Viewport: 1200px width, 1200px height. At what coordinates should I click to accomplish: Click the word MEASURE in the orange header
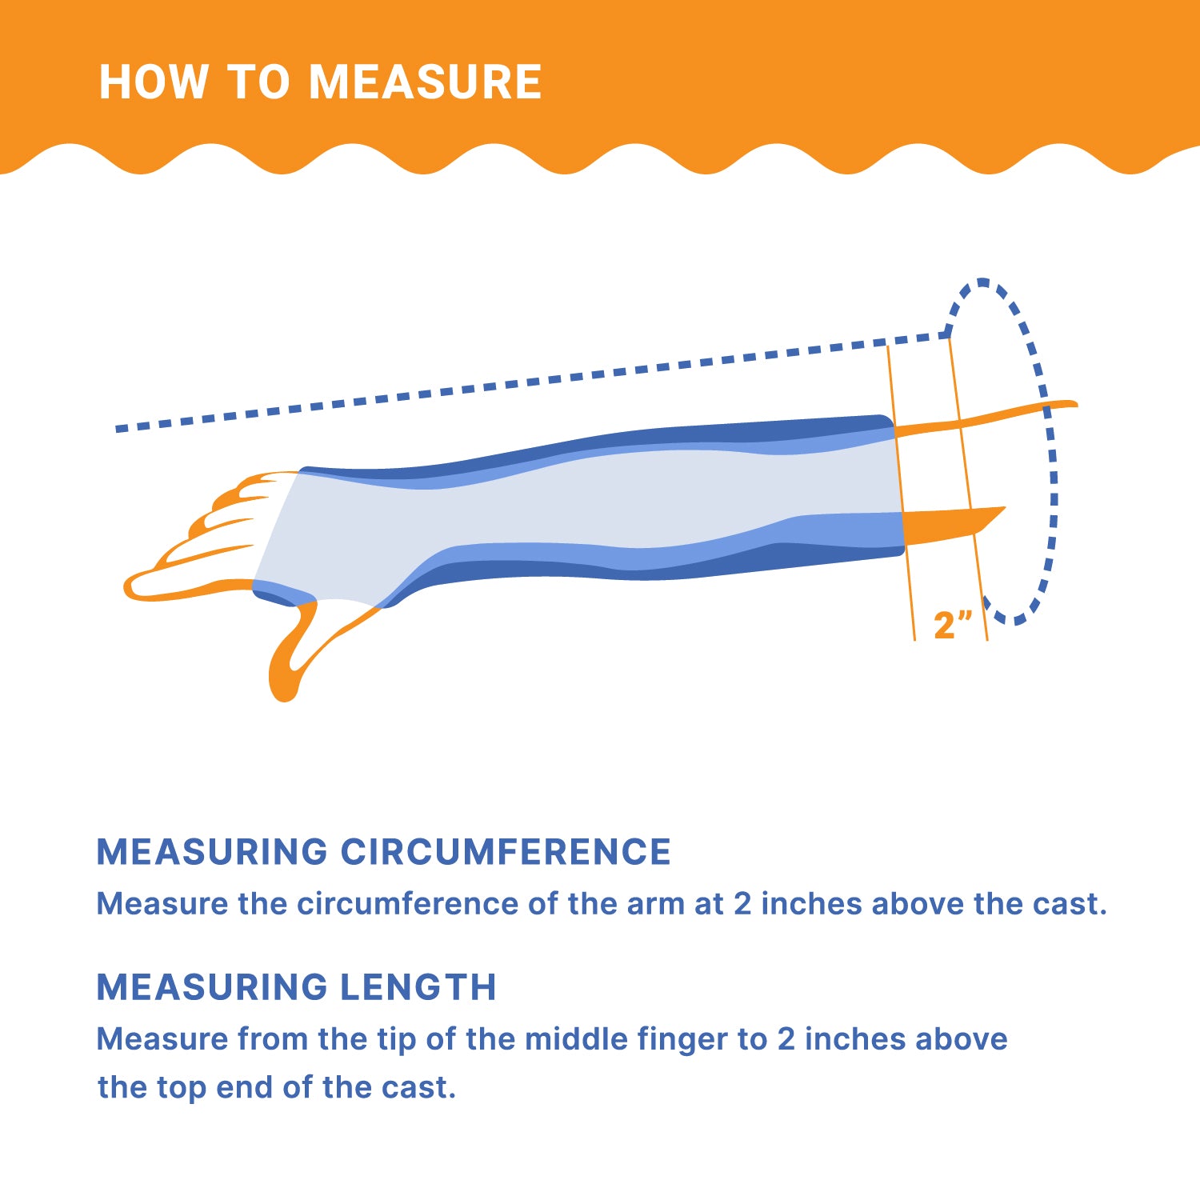[x=426, y=82]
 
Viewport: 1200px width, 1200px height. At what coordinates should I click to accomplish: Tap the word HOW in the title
[x=153, y=82]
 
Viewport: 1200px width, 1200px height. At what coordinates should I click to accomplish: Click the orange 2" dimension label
[x=953, y=624]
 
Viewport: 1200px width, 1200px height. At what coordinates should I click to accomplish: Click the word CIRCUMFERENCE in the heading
[x=506, y=852]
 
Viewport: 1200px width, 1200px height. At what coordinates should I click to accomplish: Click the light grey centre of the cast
[x=592, y=500]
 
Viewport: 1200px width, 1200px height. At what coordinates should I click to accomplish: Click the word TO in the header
[x=258, y=82]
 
